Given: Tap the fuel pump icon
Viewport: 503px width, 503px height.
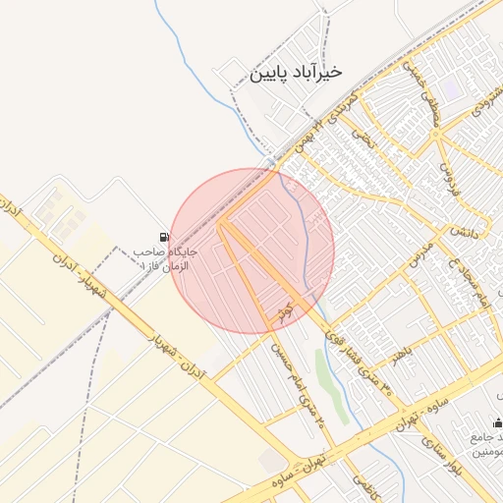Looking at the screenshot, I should [x=163, y=238].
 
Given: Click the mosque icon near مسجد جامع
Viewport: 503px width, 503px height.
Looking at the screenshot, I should [x=497, y=422].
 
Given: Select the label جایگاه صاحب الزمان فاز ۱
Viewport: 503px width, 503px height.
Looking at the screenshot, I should [x=165, y=258].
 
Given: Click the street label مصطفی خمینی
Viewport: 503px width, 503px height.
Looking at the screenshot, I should [x=420, y=92].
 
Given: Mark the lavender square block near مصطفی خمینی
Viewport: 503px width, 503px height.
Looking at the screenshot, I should [x=450, y=87].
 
